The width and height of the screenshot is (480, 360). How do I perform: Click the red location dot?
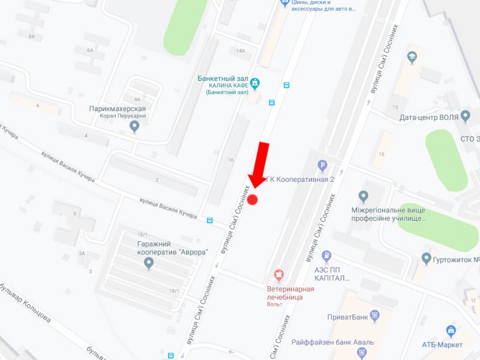click(253, 200)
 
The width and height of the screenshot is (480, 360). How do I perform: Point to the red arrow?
click(259, 165)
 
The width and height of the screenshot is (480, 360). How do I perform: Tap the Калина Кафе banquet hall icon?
click(256, 83)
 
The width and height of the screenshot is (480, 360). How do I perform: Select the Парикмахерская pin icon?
click(134, 125)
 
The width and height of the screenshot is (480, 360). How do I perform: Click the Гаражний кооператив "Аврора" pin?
click(149, 263)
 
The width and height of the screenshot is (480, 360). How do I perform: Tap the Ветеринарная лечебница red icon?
click(278, 275)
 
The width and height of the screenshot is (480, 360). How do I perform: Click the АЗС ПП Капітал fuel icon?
click(326, 257)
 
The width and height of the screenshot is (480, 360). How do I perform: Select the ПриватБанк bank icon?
click(376, 314)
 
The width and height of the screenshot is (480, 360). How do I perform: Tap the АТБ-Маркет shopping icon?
click(451, 331)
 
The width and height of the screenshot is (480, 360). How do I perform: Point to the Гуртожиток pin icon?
click(427, 259)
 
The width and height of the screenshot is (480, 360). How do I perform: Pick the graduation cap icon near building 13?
click(412, 58)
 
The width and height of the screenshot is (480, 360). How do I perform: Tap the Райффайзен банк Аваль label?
click(332, 342)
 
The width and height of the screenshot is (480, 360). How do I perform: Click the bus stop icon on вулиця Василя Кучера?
click(209, 220)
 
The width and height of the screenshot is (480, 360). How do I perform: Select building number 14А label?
click(241, 51)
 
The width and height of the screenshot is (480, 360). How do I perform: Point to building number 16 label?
click(230, 160)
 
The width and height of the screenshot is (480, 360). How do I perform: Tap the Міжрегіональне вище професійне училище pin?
click(363, 196)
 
